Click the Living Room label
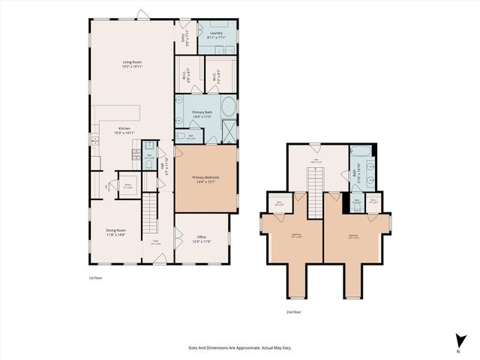pos(133,64)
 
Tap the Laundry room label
pos(217,35)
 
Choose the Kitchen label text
pos(123,130)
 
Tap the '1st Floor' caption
pos(95,278)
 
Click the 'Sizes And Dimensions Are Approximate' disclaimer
pos(239,348)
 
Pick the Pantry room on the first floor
pos(127,184)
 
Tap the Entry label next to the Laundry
pos(183,37)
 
